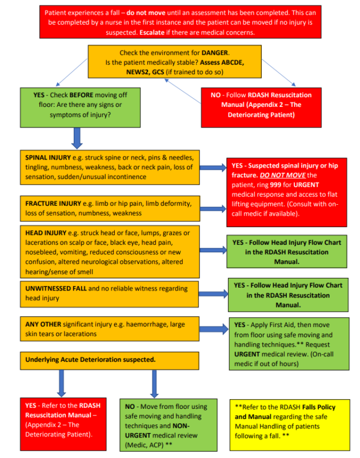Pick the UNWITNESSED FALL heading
tap(55, 288)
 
